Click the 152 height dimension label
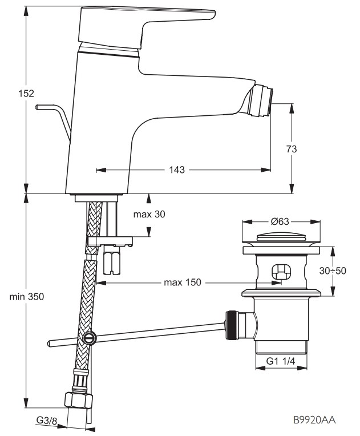tap(26, 94)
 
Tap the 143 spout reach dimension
tap(177, 169)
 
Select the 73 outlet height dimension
tap(292, 149)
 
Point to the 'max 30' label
tap(149, 214)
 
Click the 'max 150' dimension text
tap(183, 282)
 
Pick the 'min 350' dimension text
tap(27, 297)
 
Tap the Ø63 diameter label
tap(280, 221)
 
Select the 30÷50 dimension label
tap(333, 271)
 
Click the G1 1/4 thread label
tap(281, 361)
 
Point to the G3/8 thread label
tap(46, 421)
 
